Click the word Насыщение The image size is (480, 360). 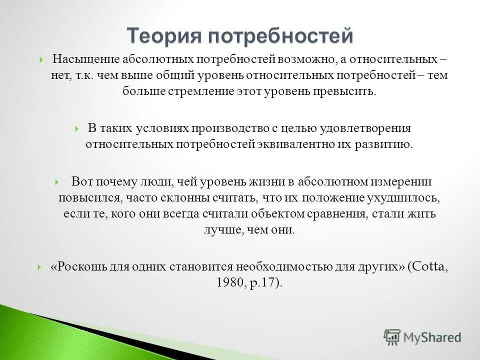(81, 59)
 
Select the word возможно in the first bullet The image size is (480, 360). (306, 59)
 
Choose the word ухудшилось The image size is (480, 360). (406, 198)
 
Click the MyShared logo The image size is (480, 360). (422, 337)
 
